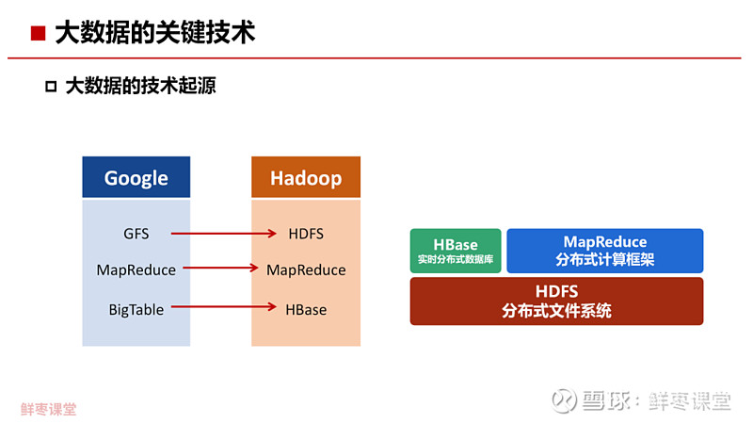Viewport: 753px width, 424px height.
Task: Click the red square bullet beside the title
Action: [x=38, y=33]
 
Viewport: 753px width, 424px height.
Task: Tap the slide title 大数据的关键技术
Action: [x=155, y=33]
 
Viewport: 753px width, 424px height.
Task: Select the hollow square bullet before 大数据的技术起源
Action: [x=51, y=87]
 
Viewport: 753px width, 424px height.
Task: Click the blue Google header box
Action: [x=136, y=177]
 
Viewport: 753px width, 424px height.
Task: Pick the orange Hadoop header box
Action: [x=306, y=177]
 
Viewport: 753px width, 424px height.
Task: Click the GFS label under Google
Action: [x=136, y=234]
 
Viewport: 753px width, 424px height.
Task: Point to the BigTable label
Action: [x=136, y=310]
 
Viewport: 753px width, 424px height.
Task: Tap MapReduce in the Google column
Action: [x=136, y=270]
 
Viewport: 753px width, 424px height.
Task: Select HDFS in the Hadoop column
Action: [x=306, y=234]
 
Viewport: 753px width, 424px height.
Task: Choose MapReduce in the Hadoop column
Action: [x=306, y=270]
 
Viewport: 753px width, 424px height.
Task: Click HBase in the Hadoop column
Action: [x=306, y=310]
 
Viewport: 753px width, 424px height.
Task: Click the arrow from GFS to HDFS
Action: [x=224, y=234]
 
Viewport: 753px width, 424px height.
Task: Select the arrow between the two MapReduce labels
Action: [x=221, y=268]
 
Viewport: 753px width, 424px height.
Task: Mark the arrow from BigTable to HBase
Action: [x=224, y=307]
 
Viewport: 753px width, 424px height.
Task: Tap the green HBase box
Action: [x=456, y=251]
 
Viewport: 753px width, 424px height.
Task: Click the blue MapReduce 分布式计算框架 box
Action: [x=605, y=251]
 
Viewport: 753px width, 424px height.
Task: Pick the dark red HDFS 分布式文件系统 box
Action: [x=556, y=302]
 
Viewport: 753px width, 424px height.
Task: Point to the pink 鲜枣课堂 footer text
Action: [x=49, y=409]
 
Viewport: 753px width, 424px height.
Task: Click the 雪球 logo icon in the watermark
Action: [x=564, y=400]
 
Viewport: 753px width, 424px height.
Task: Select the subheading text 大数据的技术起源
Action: [x=140, y=86]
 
